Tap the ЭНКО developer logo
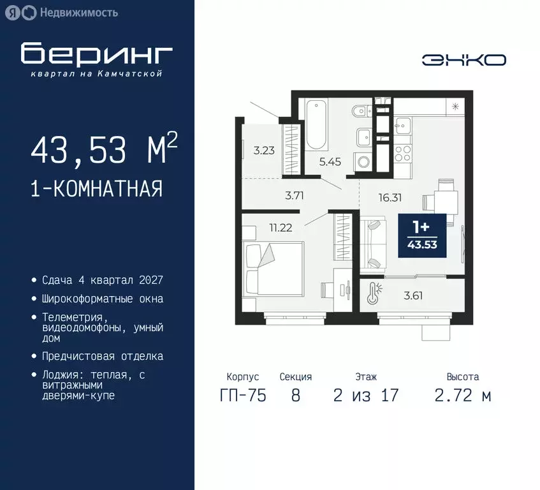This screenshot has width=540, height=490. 463,60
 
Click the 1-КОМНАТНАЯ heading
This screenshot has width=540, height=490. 96,188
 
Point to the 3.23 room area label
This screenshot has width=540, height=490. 263,151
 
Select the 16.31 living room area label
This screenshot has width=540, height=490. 389,197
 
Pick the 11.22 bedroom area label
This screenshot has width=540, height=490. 281,227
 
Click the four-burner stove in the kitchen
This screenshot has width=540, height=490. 402,152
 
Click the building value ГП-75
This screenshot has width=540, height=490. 243,396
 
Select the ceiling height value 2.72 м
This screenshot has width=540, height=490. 463,396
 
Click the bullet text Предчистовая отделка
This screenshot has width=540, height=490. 103,356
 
